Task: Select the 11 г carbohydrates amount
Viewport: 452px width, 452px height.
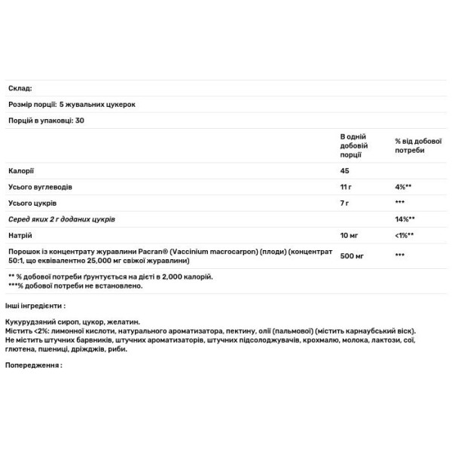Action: coord(346,185)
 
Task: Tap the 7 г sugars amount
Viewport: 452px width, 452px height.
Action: coord(344,202)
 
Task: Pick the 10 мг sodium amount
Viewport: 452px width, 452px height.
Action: coord(347,235)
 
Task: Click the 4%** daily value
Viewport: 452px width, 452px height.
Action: coord(403,185)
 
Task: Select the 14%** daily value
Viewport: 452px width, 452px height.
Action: coord(405,218)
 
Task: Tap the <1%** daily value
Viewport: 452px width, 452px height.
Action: coord(405,235)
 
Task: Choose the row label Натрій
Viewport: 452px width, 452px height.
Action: coord(19,235)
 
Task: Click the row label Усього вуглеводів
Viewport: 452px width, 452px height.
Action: coord(39,185)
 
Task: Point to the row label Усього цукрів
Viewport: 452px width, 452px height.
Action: coord(32,202)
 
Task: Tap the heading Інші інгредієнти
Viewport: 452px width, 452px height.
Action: coord(35,306)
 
